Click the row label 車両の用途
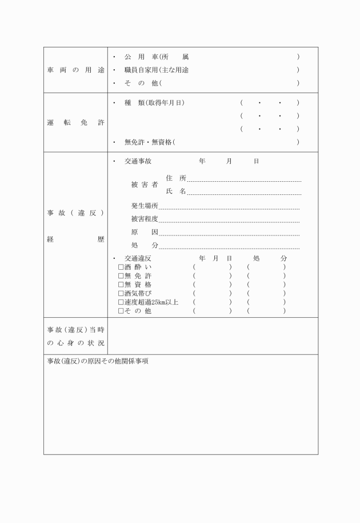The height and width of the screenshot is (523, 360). pyautogui.click(x=75, y=70)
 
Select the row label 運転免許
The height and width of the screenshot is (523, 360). pyautogui.click(x=75, y=122)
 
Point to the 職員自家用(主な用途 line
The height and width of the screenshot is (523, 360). pyautogui.click(x=157, y=70)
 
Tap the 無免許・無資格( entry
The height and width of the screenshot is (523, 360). pyautogui.click(x=150, y=142)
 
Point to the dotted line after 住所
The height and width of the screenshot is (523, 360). pyautogui.click(x=244, y=180)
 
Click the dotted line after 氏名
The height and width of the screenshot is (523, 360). pyautogui.click(x=244, y=194)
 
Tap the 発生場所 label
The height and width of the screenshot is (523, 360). pyautogui.click(x=145, y=206)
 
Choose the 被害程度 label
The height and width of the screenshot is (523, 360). pyautogui.click(x=145, y=219)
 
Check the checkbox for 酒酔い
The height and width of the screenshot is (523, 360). pyautogui.click(x=121, y=267)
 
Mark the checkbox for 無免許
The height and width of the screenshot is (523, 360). pyautogui.click(x=121, y=276)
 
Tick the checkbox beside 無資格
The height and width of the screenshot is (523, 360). pyautogui.click(x=121, y=284)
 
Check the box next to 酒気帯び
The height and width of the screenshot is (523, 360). pyautogui.click(x=121, y=293)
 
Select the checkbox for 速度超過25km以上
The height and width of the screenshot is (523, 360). pyautogui.click(x=121, y=302)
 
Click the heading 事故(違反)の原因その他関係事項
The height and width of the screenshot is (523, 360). pyautogui.click(x=98, y=362)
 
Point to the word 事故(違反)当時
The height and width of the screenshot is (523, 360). pyautogui.click(x=75, y=330)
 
